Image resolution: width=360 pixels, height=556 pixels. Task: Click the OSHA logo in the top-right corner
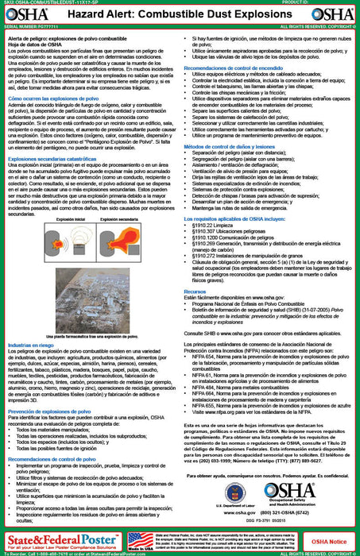pos(336,18)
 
